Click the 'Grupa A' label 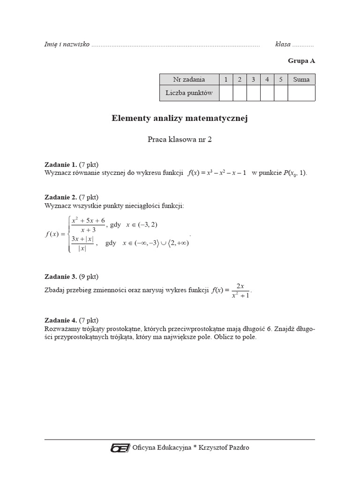click(x=301, y=61)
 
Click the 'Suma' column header click(x=301, y=80)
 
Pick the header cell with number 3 click(x=253, y=80)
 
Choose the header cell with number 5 click(x=280, y=80)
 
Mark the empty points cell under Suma click(x=301, y=93)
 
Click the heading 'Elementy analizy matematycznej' click(x=180, y=119)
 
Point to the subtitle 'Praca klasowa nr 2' click(x=180, y=140)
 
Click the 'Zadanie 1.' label click(x=60, y=165)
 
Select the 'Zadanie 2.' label click(x=60, y=197)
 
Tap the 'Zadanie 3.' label click(x=60, y=277)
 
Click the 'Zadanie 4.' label click(x=60, y=321)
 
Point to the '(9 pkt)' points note click(x=89, y=277)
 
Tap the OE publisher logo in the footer click(x=120, y=448)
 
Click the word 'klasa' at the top click(x=283, y=45)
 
